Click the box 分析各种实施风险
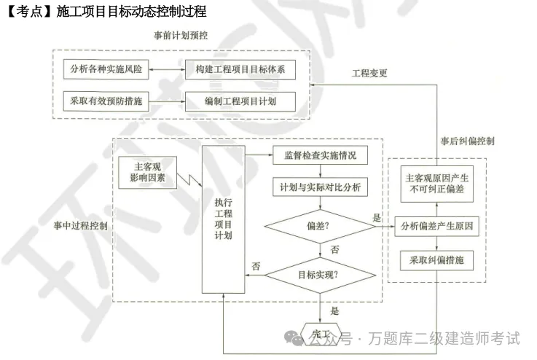pyautogui.click(x=105, y=71)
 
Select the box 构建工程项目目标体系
pyautogui.click(x=240, y=71)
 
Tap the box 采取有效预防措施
pyautogui.click(x=105, y=101)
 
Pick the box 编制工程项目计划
pyautogui.click(x=240, y=101)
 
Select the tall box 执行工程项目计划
pyautogui.click(x=223, y=219)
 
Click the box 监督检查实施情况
pyautogui.click(x=320, y=156)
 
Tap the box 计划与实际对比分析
pyautogui.click(x=320, y=187)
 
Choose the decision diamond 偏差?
pyautogui.click(x=318, y=226)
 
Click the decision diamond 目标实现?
pyautogui.click(x=318, y=275)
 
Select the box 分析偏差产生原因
pyautogui.click(x=437, y=226)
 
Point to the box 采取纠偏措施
pyautogui.click(x=437, y=259)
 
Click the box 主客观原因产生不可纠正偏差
pyautogui.click(x=437, y=183)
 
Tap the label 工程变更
pyautogui.click(x=370, y=74)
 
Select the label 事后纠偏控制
pyautogui.click(x=468, y=141)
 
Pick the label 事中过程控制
pyautogui.click(x=81, y=226)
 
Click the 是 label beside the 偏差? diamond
pyautogui.click(x=377, y=217)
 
